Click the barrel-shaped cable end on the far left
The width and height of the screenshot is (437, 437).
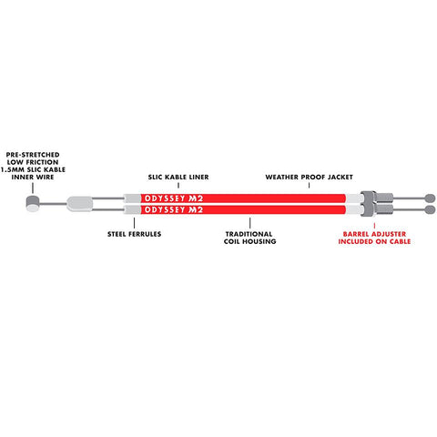33,203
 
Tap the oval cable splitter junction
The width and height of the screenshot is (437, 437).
79,204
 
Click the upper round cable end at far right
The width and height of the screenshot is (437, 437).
431,198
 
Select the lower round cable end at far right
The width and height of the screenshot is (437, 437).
431,209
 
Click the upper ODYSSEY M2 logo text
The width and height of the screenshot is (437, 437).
174,198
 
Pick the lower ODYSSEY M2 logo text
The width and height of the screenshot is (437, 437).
174,209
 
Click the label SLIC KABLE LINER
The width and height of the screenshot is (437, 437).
178,177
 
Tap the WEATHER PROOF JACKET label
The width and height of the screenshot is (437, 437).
309,177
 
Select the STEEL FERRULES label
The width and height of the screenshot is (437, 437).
134,234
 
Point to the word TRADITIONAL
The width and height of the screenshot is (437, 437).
249,234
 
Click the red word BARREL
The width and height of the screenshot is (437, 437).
356,234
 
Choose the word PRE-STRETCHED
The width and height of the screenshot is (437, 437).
33,155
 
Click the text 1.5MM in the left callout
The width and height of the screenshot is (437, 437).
13,169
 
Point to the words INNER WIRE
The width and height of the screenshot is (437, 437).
33,177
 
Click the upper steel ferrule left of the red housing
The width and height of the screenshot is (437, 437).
132,198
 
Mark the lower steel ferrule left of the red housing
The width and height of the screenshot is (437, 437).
132,209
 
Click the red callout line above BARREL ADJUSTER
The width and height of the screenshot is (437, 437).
374,226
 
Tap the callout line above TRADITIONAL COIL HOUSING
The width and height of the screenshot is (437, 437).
250,223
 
